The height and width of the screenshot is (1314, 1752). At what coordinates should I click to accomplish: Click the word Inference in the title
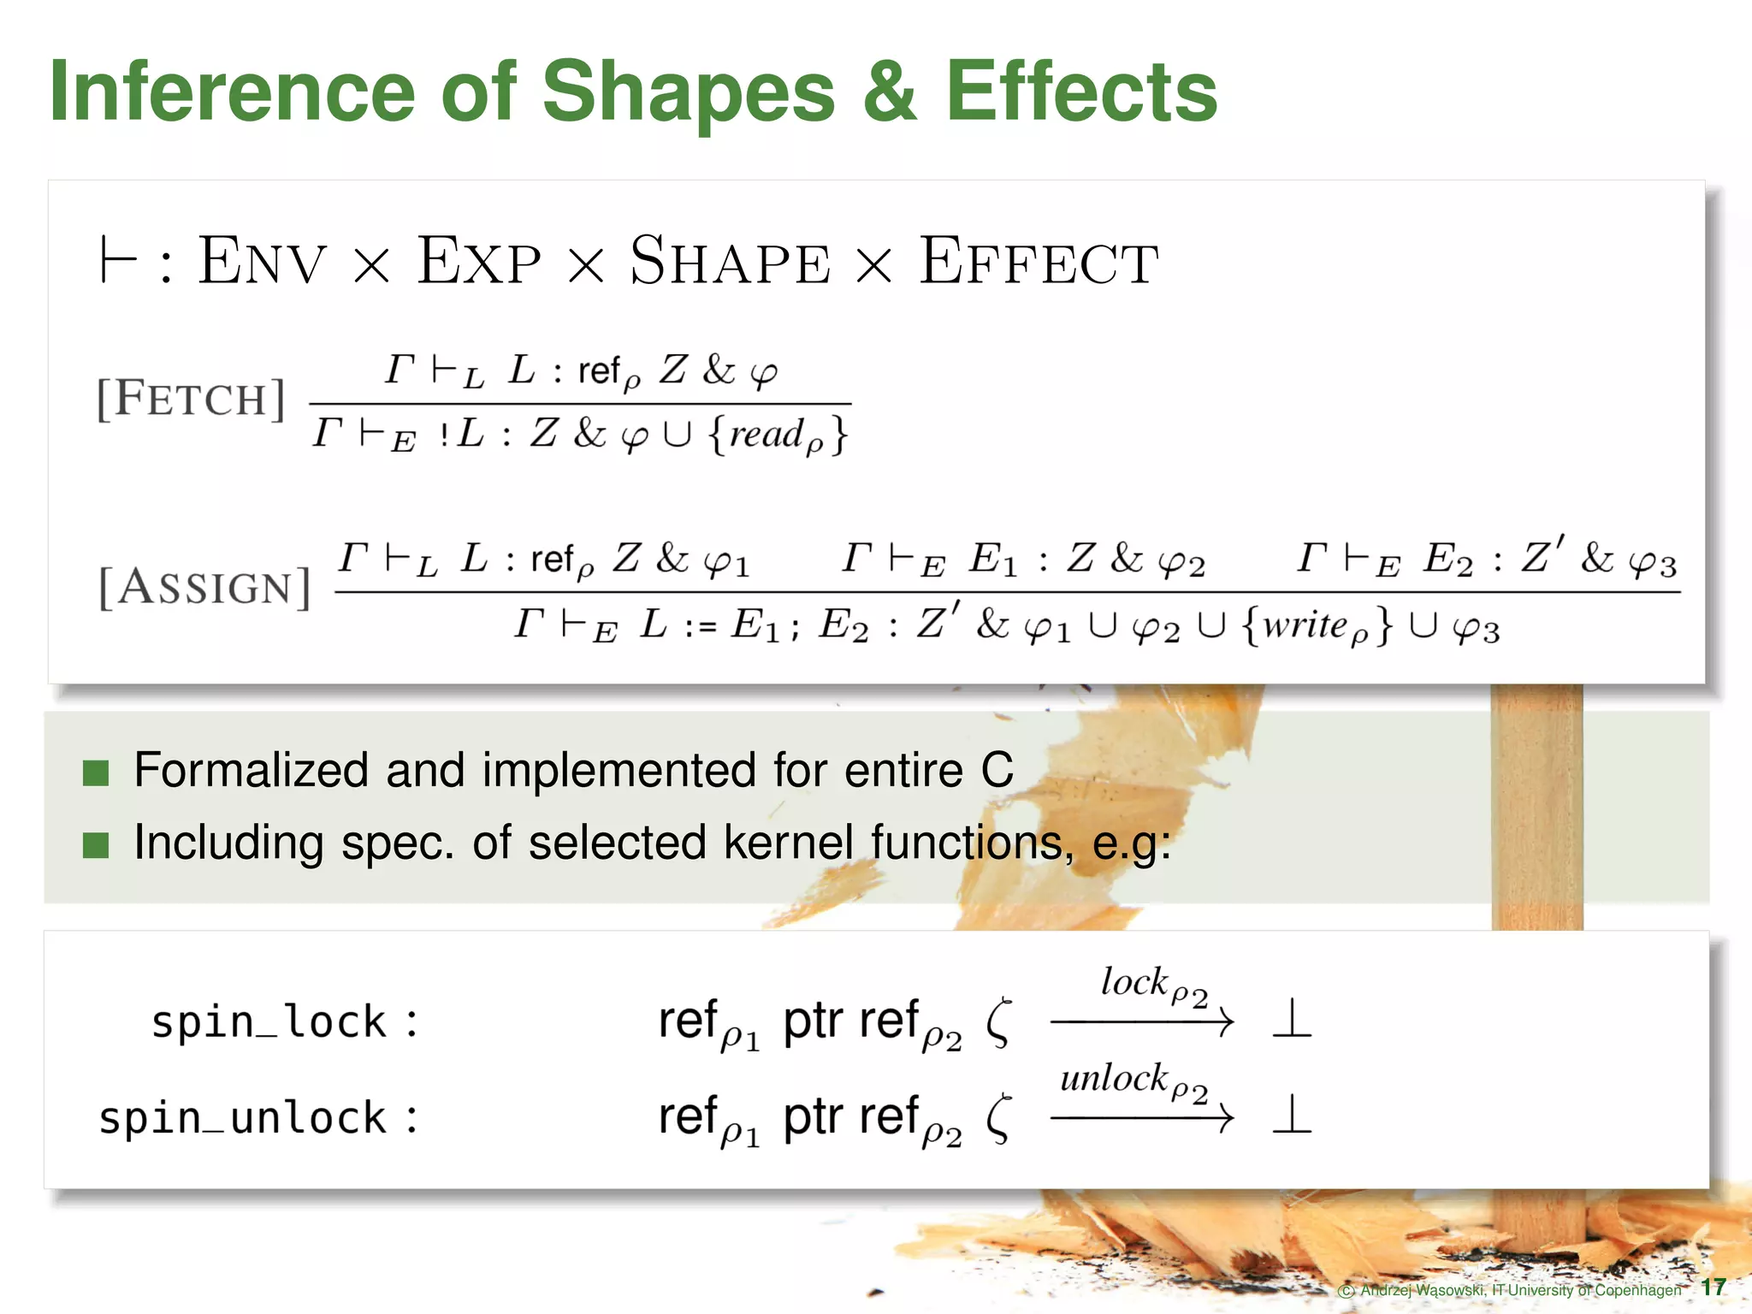point(231,92)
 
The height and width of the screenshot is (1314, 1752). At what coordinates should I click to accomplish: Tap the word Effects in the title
point(1081,92)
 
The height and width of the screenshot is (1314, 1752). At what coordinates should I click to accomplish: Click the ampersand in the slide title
point(890,92)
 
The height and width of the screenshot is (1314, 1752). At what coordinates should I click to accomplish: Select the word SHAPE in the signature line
point(730,261)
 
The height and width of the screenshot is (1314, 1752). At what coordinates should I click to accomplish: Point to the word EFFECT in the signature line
point(1039,261)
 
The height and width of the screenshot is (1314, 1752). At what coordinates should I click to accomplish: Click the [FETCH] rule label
point(191,399)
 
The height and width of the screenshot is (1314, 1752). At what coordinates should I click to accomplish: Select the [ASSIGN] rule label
point(204,587)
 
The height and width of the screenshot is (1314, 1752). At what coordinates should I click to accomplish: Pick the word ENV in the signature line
point(262,261)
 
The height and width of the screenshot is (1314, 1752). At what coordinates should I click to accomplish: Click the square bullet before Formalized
point(96,772)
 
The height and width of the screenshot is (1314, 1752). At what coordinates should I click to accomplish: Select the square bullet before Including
point(96,845)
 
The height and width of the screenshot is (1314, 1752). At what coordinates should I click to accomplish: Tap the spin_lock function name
point(269,1021)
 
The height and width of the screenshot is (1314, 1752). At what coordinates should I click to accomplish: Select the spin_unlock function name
point(243,1118)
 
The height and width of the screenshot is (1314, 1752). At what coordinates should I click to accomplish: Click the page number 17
point(1714,1287)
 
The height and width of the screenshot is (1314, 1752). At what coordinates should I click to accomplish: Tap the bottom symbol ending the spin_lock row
point(1291,1020)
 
